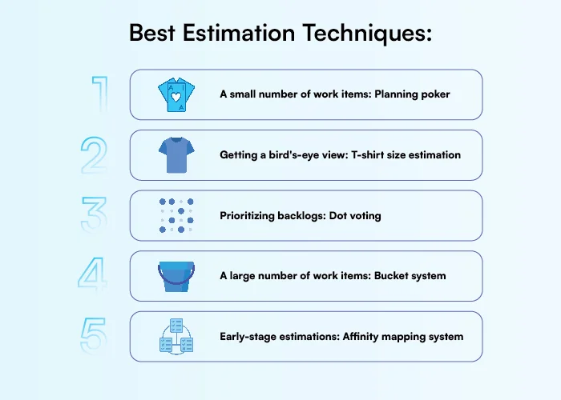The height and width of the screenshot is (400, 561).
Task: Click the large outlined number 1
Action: (99, 94)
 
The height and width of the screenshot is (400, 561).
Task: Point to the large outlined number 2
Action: (95, 155)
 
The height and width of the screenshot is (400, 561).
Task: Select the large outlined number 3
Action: (94, 216)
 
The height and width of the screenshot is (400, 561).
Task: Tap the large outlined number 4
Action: (94, 276)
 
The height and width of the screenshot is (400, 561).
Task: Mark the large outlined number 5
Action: (94, 337)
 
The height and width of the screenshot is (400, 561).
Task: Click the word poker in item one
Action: (434, 94)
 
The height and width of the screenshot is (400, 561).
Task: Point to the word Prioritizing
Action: (251, 216)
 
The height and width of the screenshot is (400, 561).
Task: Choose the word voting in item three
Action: (365, 216)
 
